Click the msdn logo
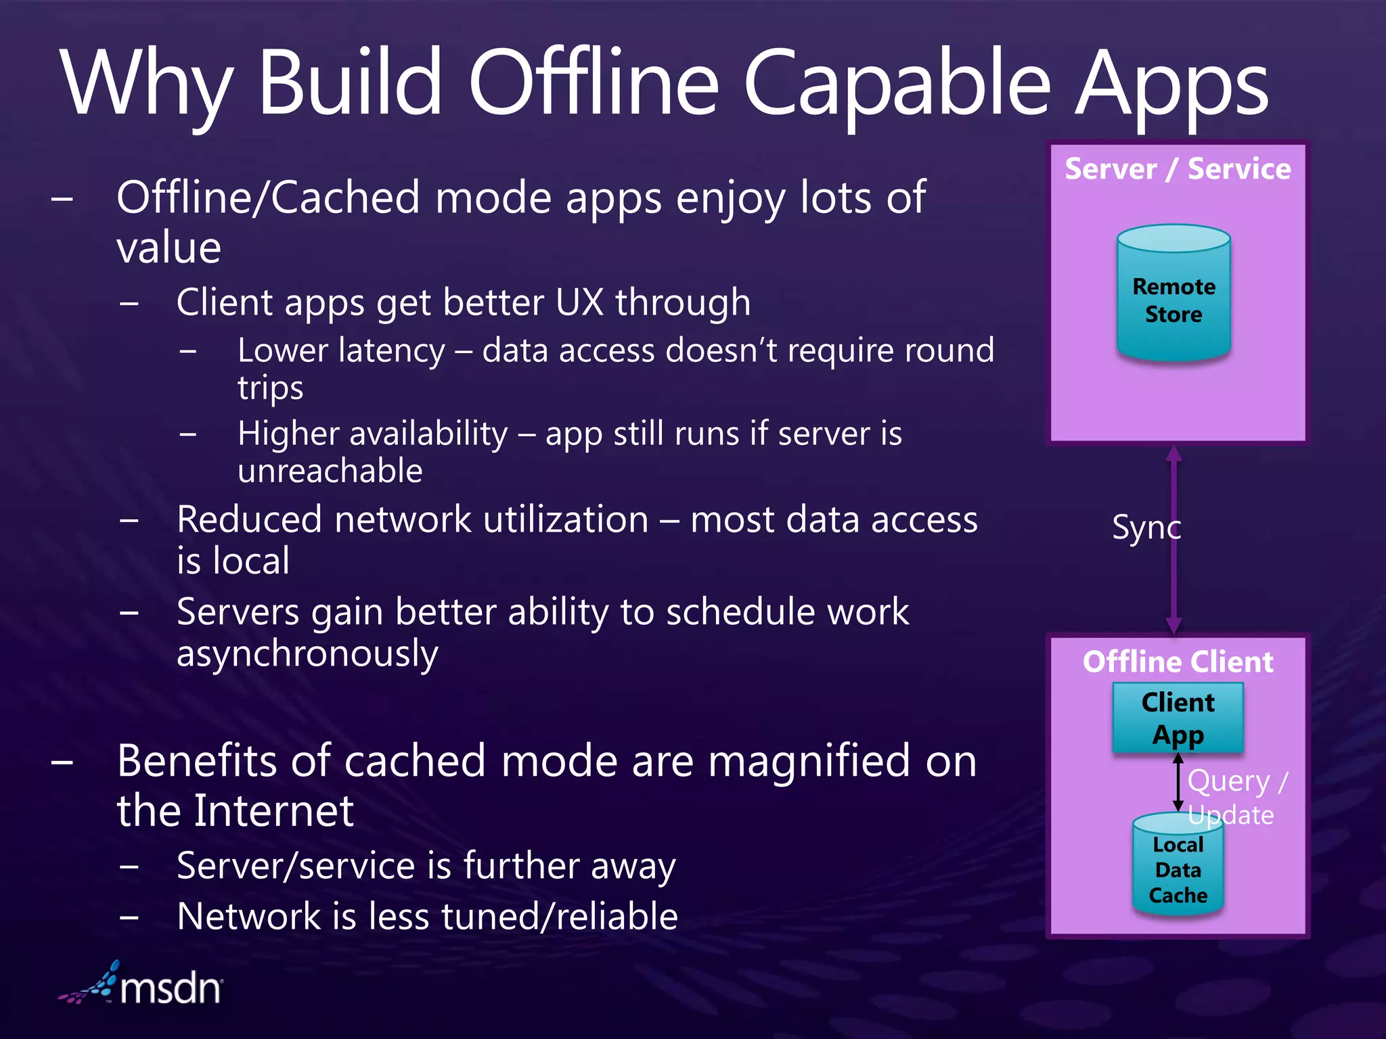point(142,985)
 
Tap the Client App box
point(1178,718)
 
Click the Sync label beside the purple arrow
point(1145,528)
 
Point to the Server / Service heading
point(1178,169)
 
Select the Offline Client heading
point(1178,662)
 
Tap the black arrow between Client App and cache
point(1178,782)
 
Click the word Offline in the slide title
point(593,85)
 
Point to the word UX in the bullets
point(579,302)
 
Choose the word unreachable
point(330,471)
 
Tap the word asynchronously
point(307,654)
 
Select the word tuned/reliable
point(559,917)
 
